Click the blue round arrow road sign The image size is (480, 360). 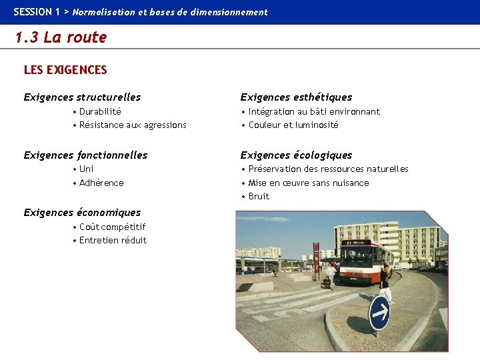point(379,313)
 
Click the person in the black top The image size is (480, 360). point(385,282)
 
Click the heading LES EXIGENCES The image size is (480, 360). point(65,69)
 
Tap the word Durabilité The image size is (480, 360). point(100,111)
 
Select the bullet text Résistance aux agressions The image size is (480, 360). point(133,125)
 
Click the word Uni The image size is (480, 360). point(87,169)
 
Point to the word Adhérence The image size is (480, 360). point(101,183)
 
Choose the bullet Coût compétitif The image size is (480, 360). point(112,227)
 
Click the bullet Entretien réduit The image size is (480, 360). point(113,240)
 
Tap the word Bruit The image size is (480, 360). point(259,196)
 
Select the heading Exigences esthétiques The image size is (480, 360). point(296,97)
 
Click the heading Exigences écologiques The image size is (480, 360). point(296,155)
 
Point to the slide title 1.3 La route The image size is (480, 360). point(61,37)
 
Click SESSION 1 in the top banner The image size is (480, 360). point(37,12)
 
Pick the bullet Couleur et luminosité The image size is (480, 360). point(293,125)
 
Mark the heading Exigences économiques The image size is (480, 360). point(82,213)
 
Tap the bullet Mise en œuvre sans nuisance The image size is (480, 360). point(309,183)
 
